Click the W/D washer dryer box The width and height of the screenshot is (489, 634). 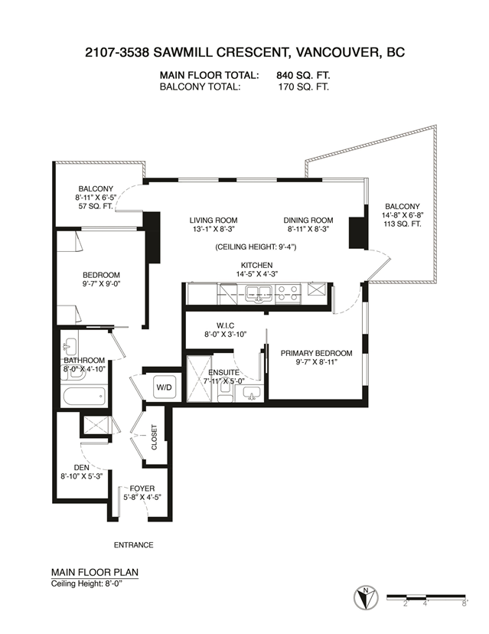click(x=164, y=387)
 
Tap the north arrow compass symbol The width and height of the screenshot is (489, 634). click(x=366, y=597)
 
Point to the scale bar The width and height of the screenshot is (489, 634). click(x=426, y=596)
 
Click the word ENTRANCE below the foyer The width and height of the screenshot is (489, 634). click(x=133, y=545)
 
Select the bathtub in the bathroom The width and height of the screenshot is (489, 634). click(x=84, y=397)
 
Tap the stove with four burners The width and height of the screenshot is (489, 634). click(x=288, y=293)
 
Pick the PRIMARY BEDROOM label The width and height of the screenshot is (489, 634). click(x=317, y=353)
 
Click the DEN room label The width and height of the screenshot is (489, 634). click(x=82, y=467)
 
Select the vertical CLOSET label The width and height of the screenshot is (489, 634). click(x=154, y=437)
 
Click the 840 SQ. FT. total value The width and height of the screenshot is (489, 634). click(x=303, y=75)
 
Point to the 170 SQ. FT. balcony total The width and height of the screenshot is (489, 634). click(x=304, y=87)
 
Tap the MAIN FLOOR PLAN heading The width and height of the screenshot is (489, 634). click(x=95, y=572)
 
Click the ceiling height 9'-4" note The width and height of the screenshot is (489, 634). click(x=256, y=247)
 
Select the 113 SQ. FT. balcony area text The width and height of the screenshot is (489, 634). click(x=402, y=224)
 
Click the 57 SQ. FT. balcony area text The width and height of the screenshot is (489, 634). click(x=96, y=206)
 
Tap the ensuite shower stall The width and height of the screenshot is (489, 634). click(x=199, y=379)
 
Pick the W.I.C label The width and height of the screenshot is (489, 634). click(x=225, y=325)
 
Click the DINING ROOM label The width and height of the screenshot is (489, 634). click(x=308, y=221)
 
